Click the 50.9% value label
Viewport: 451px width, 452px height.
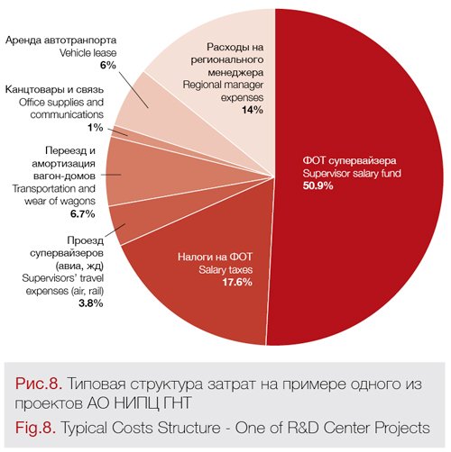318,185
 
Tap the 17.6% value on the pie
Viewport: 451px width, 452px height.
237,282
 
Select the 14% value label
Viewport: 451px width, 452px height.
253,110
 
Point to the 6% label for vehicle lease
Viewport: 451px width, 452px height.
108,65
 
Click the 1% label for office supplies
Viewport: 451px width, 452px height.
96,128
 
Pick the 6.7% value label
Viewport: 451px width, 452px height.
83,213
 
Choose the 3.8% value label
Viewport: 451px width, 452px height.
91,303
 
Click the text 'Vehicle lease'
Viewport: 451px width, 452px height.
87,53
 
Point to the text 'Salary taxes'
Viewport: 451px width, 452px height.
225,270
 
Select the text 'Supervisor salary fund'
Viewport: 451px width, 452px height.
352,173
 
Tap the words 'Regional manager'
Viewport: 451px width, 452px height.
223,85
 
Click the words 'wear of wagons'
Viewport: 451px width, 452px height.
60,201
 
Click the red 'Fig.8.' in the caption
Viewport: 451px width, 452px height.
35,428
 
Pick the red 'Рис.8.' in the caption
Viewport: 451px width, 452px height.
39,384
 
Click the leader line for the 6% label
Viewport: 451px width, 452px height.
133,89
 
